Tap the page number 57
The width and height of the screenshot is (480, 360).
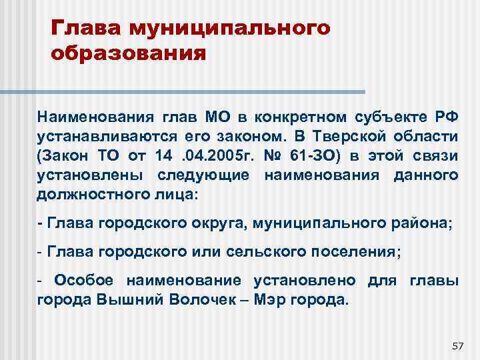pyautogui.click(x=457, y=345)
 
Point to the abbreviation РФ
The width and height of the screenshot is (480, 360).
pyautogui.click(x=443, y=118)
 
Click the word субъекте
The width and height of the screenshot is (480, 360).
pyautogui.click(x=388, y=118)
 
